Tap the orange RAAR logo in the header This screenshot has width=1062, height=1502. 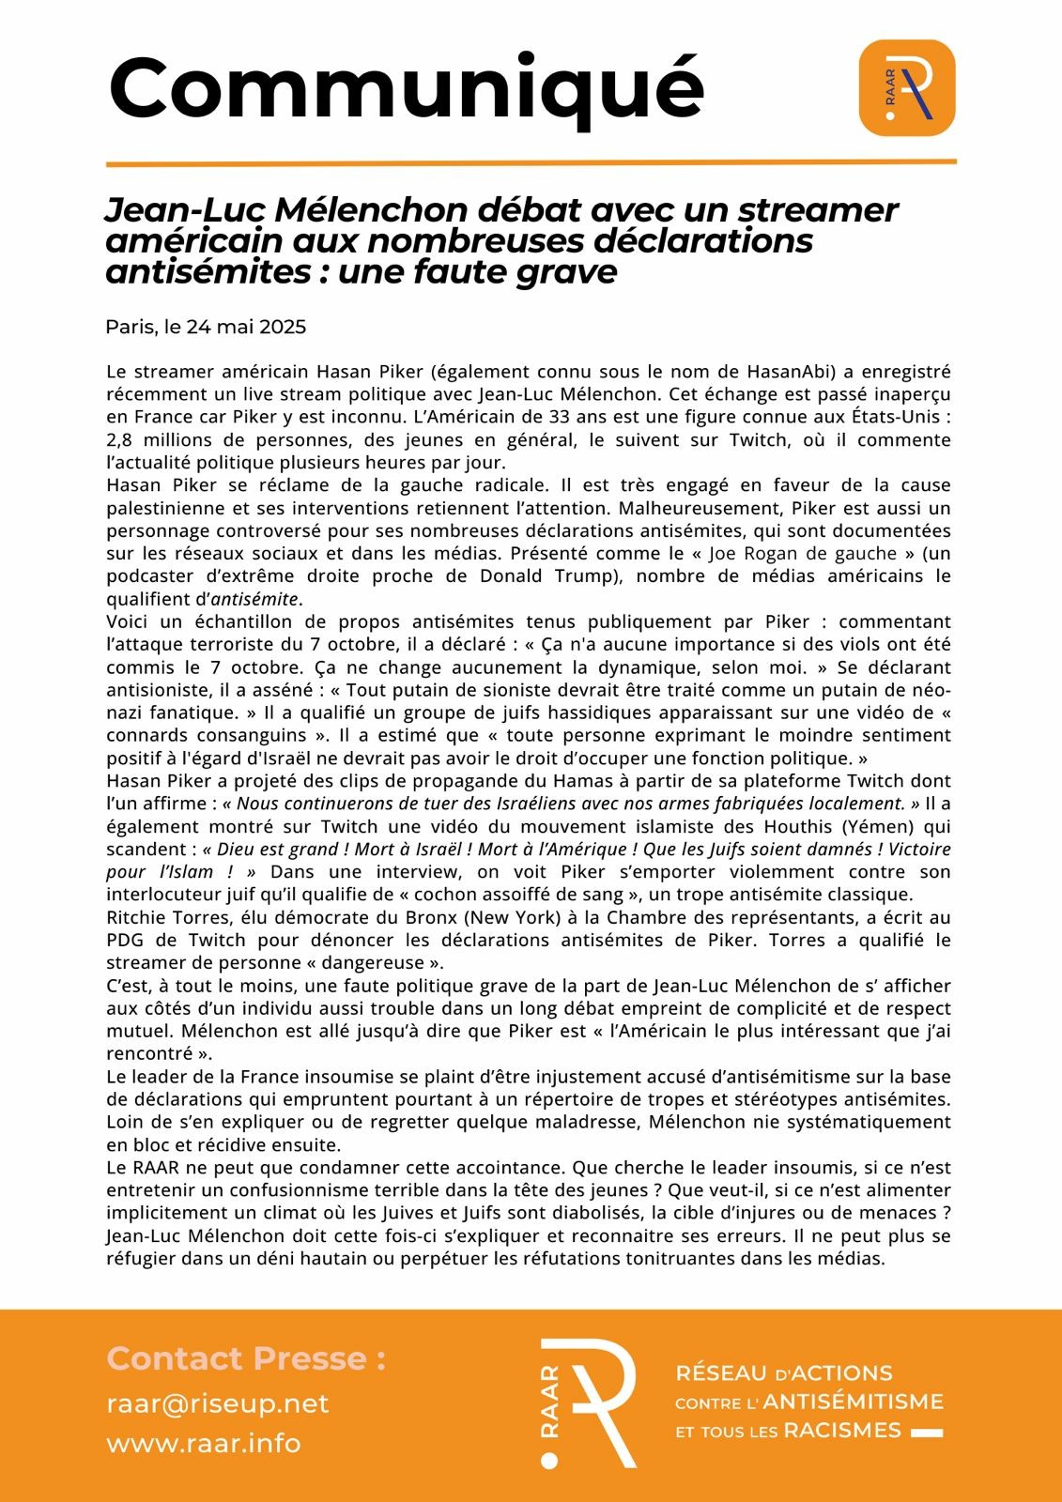tap(906, 87)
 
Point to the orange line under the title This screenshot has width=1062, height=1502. tap(531, 163)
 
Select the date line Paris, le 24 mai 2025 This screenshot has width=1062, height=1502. tap(206, 327)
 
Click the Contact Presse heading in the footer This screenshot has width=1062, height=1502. tap(246, 1357)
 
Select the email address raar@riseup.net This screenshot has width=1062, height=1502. tap(217, 1403)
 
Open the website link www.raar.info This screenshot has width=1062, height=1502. tap(203, 1443)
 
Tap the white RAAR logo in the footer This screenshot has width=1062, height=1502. tap(590, 1402)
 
